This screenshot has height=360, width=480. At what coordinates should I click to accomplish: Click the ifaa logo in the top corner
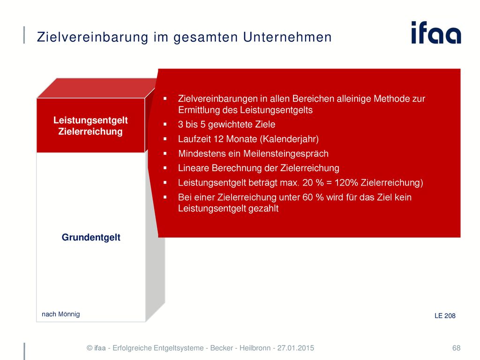click(436, 32)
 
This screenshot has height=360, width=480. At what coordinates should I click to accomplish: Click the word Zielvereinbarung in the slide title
click(92, 37)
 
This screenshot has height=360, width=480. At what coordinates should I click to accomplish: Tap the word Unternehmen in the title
click(287, 37)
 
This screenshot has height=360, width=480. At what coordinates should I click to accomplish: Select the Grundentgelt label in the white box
click(91, 237)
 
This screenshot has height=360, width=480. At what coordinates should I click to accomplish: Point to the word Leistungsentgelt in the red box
click(90, 120)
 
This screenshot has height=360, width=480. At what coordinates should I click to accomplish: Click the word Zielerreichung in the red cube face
click(90, 131)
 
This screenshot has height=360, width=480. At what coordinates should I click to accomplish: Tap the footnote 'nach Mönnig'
click(60, 314)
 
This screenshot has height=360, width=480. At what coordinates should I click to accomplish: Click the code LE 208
click(445, 315)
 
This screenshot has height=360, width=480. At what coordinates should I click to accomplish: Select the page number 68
click(456, 348)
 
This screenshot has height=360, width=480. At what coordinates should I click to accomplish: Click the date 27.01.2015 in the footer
click(295, 348)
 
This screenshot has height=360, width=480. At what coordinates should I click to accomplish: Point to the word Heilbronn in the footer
click(255, 348)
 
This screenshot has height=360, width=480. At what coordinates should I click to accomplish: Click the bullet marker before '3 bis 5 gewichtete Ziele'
click(165, 124)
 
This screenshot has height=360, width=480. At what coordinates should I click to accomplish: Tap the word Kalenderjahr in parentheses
click(289, 139)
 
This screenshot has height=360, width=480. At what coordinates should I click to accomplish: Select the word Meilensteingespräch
click(285, 154)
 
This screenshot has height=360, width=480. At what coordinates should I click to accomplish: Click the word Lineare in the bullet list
click(194, 168)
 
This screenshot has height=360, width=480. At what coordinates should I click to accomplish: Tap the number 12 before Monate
click(218, 139)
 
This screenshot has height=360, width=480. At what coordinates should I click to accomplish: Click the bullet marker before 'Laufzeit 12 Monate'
click(165, 139)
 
